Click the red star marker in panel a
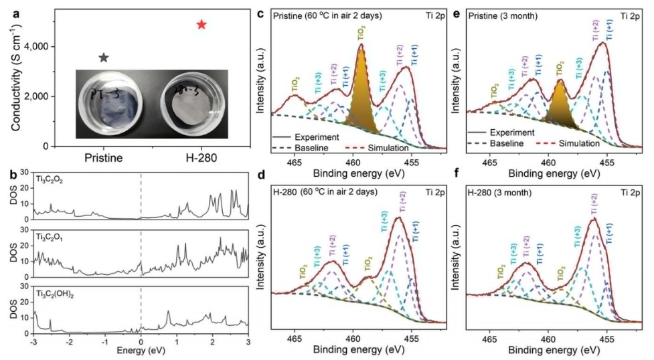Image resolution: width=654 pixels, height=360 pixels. tap(201, 25)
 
